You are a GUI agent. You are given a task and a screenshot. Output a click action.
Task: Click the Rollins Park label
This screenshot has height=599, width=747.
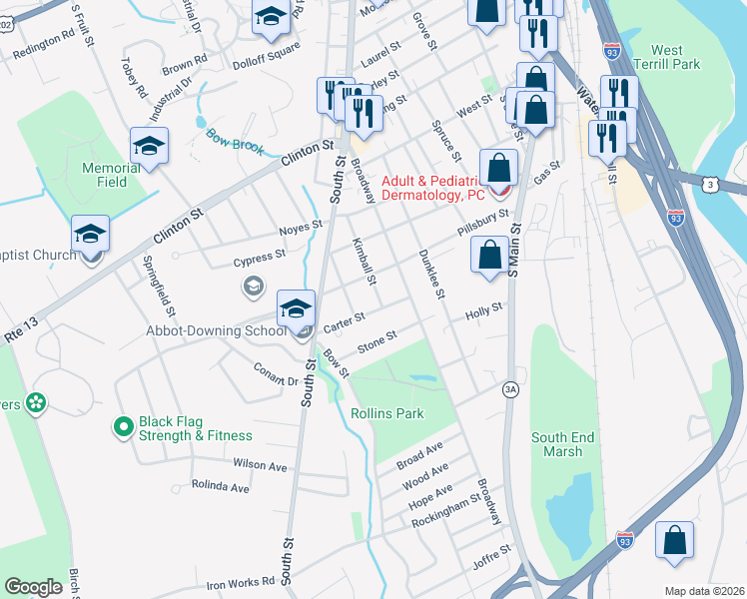coord(386,413)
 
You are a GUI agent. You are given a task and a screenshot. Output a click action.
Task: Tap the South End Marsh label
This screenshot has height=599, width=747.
coord(562,444)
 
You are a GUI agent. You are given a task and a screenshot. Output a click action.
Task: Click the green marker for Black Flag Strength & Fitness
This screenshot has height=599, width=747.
coord(123,427)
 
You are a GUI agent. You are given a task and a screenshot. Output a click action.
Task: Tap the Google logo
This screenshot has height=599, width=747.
coord(34,587)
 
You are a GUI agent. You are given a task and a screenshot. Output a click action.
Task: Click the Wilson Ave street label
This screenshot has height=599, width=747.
coord(260,465)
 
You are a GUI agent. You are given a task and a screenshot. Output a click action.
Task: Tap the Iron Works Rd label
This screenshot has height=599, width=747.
coord(241,582)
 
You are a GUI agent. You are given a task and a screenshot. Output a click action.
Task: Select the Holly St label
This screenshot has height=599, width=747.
coord(482,312)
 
